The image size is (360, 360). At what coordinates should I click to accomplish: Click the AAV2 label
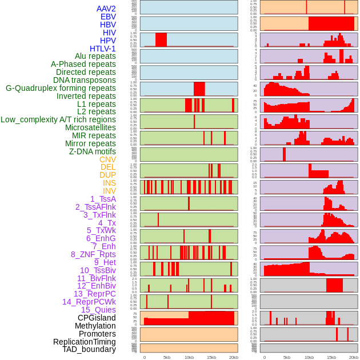click(106, 9)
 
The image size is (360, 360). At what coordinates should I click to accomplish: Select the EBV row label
click(107, 17)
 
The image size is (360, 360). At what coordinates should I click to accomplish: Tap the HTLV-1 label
click(102, 49)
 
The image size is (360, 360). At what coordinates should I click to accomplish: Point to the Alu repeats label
click(95, 56)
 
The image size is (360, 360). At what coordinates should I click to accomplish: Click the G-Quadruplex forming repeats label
click(61, 88)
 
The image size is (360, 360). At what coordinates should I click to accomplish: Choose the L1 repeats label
click(96, 104)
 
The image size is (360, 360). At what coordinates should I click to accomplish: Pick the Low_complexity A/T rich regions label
click(58, 119)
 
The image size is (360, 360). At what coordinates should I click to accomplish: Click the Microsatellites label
click(90, 127)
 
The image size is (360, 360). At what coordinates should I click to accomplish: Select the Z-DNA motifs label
click(92, 151)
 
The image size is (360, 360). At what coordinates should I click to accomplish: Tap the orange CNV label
click(107, 159)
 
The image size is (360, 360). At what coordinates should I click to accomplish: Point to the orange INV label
click(109, 191)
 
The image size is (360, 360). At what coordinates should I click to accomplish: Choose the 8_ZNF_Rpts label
click(93, 254)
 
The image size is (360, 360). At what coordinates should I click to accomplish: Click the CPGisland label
click(97, 318)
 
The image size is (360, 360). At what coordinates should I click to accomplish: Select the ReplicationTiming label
click(84, 342)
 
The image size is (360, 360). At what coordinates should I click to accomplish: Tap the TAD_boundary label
click(89, 349)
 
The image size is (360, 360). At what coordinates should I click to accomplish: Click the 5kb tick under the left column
click(167, 357)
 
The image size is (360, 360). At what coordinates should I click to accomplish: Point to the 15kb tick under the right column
click(331, 357)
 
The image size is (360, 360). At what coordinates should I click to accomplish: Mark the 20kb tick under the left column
click(233, 357)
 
